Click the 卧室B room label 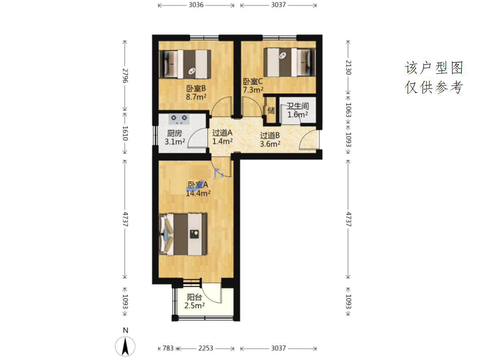(196, 88)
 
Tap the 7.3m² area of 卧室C (253, 90)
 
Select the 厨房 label (174, 133)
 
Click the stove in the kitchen (179, 119)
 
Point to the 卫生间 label (298, 106)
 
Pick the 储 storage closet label (271, 111)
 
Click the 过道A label (222, 133)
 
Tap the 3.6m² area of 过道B (270, 144)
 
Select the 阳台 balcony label (194, 297)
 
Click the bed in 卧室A (183, 234)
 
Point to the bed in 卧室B (185, 64)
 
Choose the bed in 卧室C (289, 62)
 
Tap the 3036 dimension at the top (196, 5)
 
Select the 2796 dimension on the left (125, 76)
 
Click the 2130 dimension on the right (349, 67)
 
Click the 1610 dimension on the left (125, 133)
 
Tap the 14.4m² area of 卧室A (198, 193)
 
